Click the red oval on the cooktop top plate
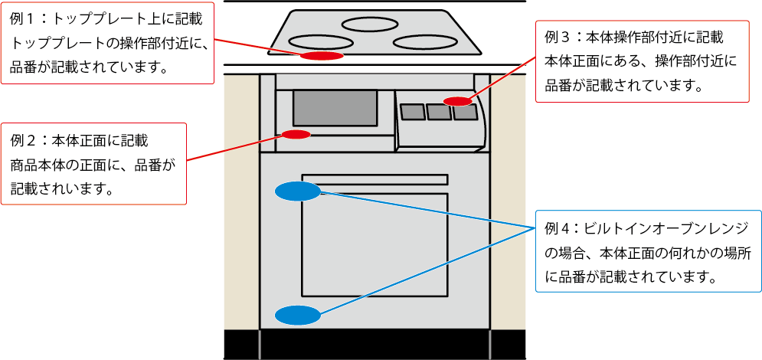click(x=321, y=56)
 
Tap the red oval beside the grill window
click(x=296, y=135)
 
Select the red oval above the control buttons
click(x=458, y=101)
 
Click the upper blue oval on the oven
click(x=297, y=191)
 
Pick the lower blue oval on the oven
click(x=297, y=314)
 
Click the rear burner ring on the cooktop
click(x=369, y=24)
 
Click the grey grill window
click(x=335, y=108)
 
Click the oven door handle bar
click(x=374, y=179)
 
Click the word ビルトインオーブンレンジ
click(x=661, y=229)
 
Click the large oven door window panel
click(x=374, y=245)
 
